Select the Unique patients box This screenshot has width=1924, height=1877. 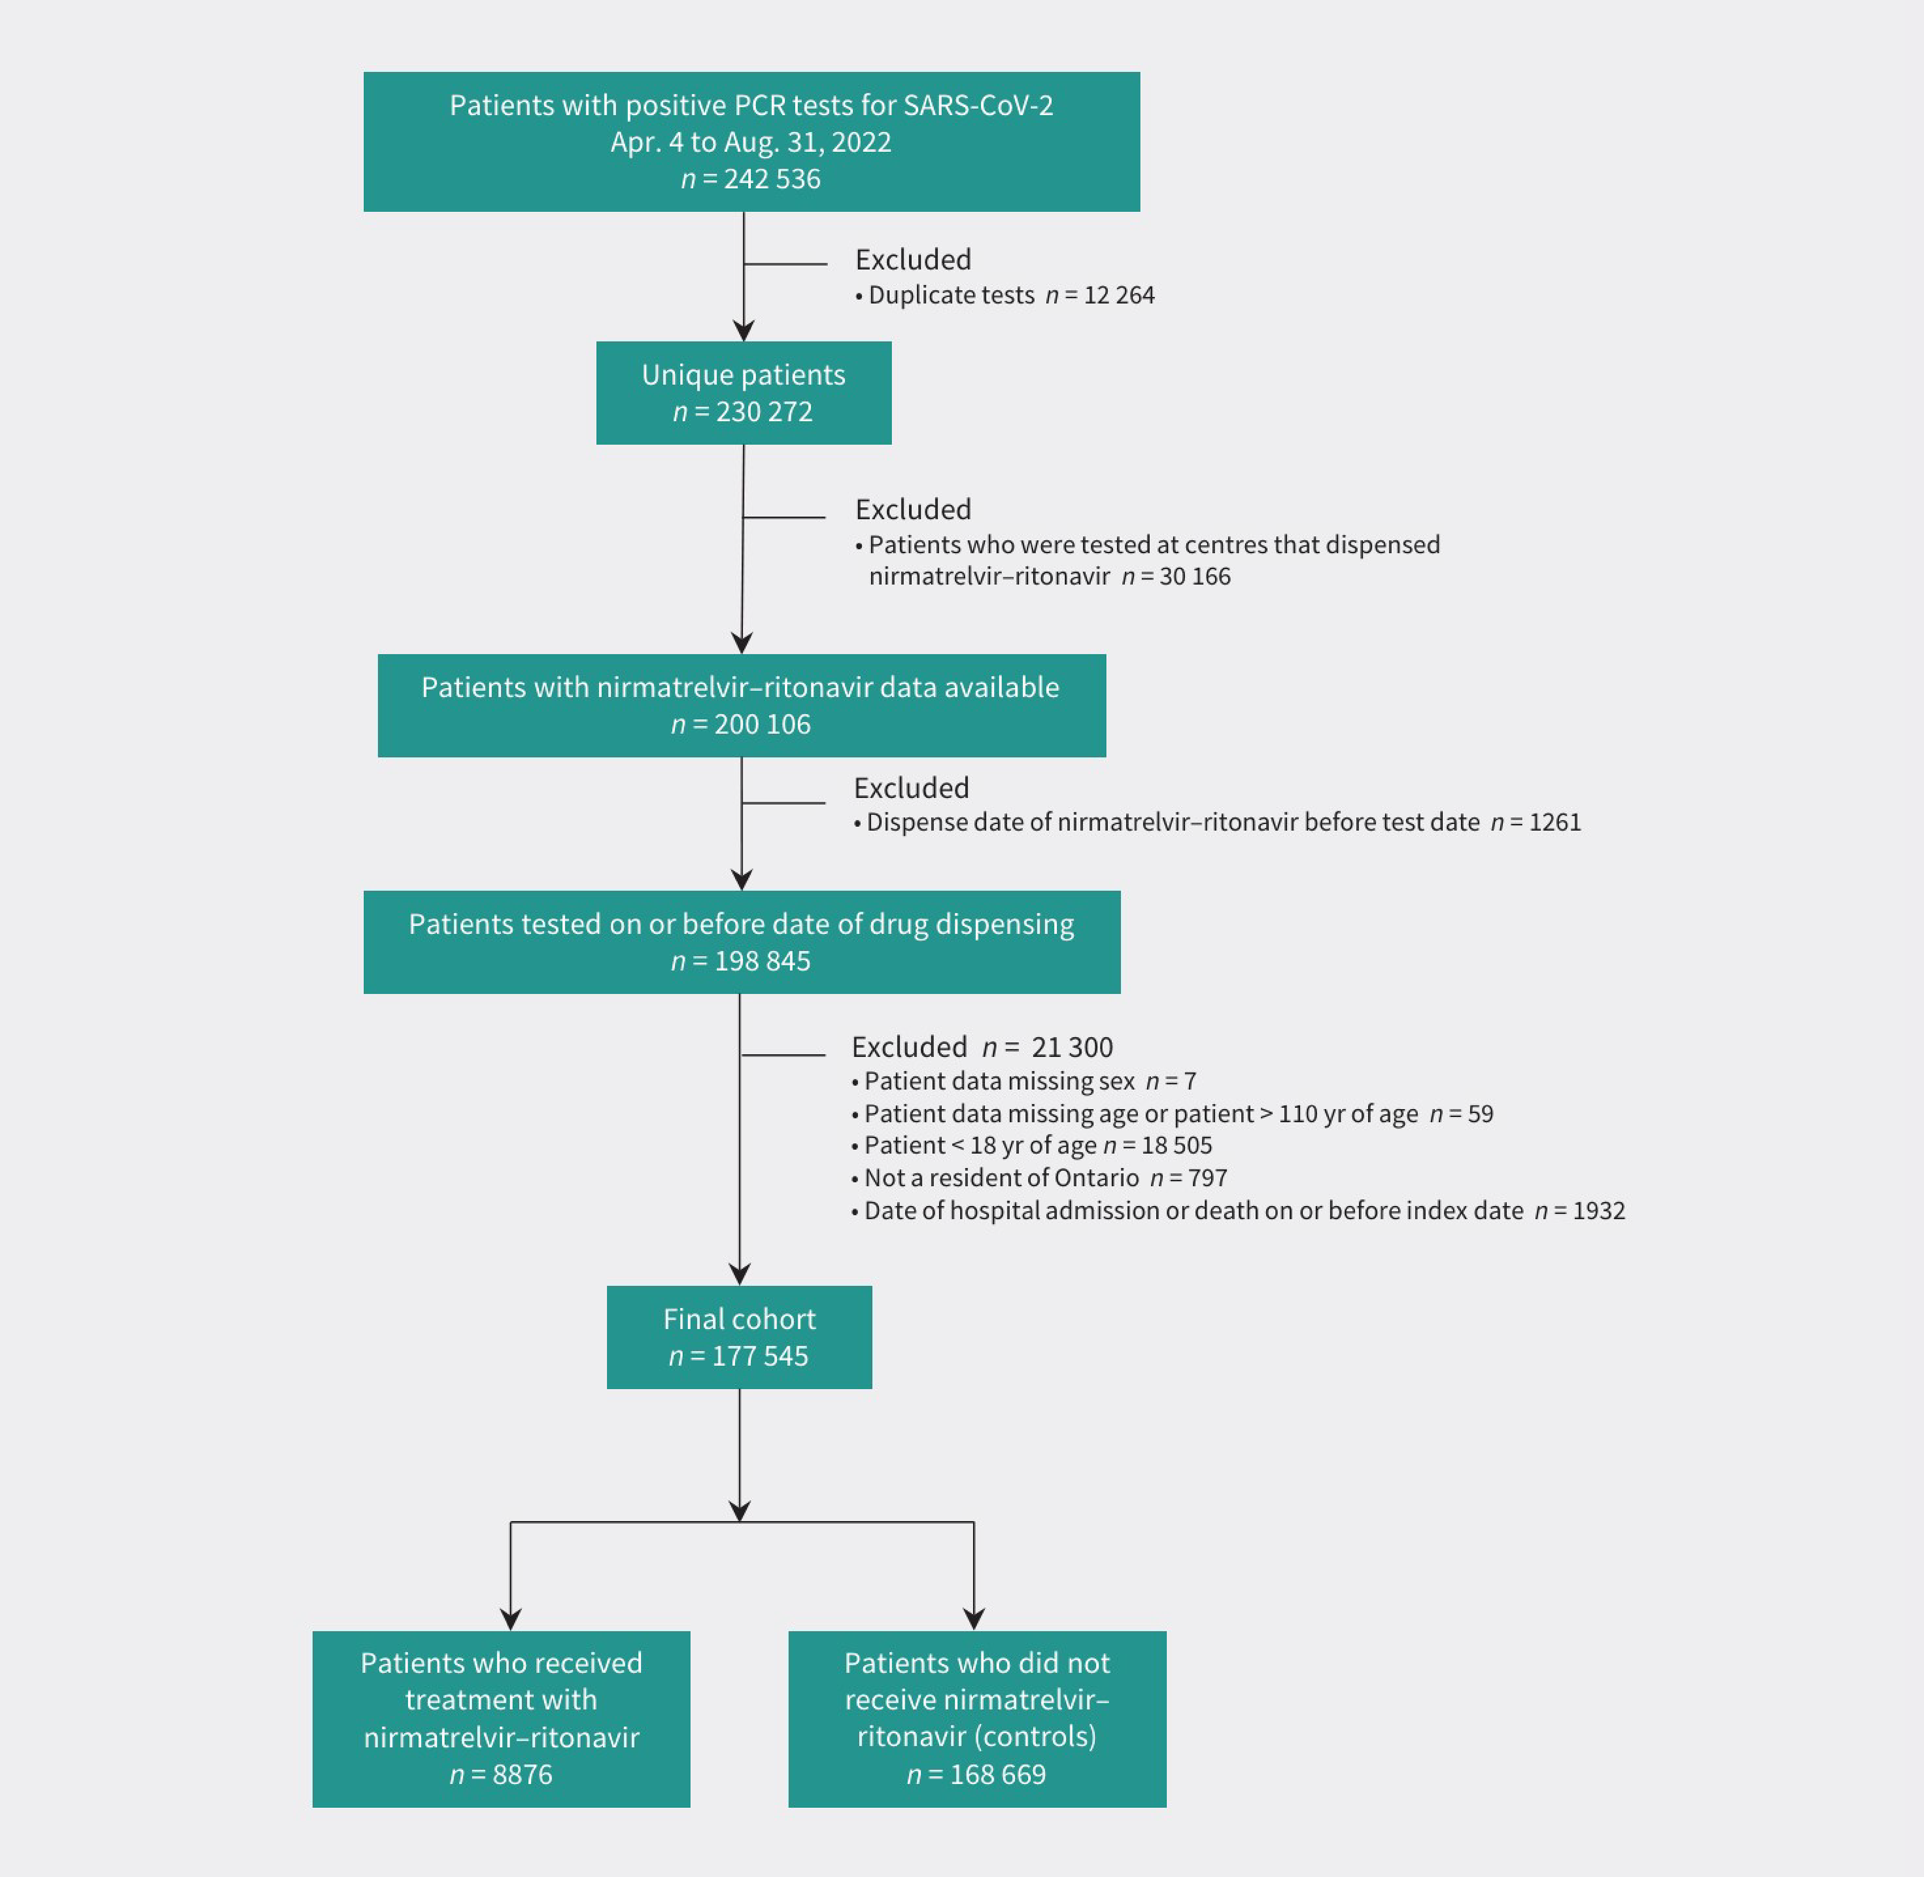point(743,392)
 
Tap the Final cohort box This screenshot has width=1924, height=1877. point(738,1337)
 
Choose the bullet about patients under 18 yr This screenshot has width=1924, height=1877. point(1032,1146)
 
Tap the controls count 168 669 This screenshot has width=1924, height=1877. point(997,1775)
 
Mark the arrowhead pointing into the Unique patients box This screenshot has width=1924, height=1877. point(743,330)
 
